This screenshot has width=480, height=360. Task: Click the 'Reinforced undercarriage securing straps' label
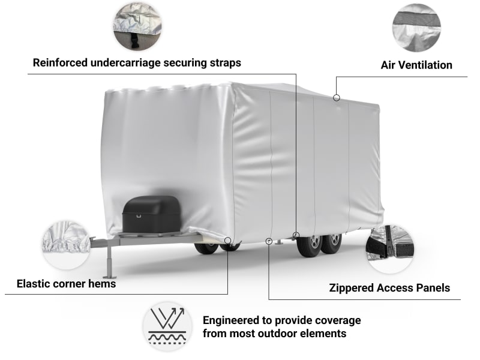coord(137,62)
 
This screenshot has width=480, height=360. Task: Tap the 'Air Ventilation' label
coord(416,65)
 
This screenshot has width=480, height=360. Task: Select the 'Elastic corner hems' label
coord(67,283)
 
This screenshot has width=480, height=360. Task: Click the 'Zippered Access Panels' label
coord(389,288)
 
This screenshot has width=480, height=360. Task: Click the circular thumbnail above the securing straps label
coord(137,25)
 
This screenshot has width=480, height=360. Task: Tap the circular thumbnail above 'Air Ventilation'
coord(416,27)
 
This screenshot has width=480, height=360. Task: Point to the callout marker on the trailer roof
coord(337,97)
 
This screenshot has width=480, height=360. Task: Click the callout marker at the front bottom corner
coord(228,241)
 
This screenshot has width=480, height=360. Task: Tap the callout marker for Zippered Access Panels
coord(268,241)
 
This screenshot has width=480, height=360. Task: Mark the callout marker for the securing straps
coord(296,234)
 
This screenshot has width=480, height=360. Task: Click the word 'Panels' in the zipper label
coord(430,288)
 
